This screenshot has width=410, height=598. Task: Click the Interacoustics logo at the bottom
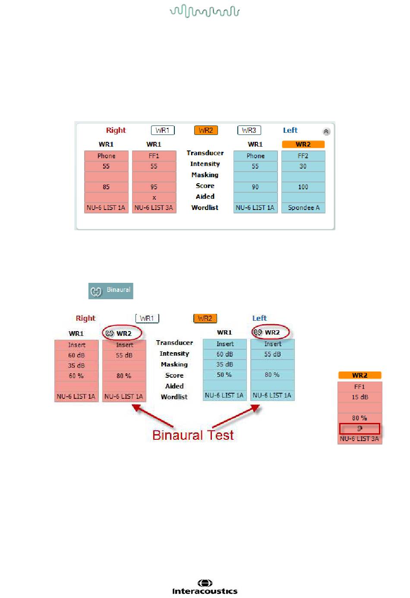(x=205, y=588)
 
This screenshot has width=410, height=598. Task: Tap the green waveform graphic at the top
(x=205, y=11)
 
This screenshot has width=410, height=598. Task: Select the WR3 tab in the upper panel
(x=249, y=130)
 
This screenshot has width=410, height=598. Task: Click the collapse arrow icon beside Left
(x=326, y=131)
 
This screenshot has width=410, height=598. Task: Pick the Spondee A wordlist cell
(x=303, y=208)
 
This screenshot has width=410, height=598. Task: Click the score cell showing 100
(x=303, y=187)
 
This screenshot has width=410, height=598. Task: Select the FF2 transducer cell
(x=303, y=156)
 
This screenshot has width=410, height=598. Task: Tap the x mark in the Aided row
(x=154, y=197)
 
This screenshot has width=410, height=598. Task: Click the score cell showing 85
(x=106, y=187)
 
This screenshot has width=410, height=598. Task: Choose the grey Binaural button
(x=111, y=291)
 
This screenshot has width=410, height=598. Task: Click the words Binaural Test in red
(x=193, y=435)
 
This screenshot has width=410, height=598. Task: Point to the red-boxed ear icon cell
(x=360, y=429)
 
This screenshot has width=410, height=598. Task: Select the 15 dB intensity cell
(x=360, y=397)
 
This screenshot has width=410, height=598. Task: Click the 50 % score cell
(x=224, y=375)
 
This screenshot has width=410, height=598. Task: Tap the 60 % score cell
(x=76, y=376)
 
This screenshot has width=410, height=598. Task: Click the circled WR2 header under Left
(x=270, y=332)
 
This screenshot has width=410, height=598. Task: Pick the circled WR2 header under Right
(x=122, y=333)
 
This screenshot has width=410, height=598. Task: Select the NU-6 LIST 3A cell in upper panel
(x=154, y=208)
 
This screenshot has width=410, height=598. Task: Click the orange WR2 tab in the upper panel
(x=206, y=130)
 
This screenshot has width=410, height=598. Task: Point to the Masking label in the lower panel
(x=174, y=364)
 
